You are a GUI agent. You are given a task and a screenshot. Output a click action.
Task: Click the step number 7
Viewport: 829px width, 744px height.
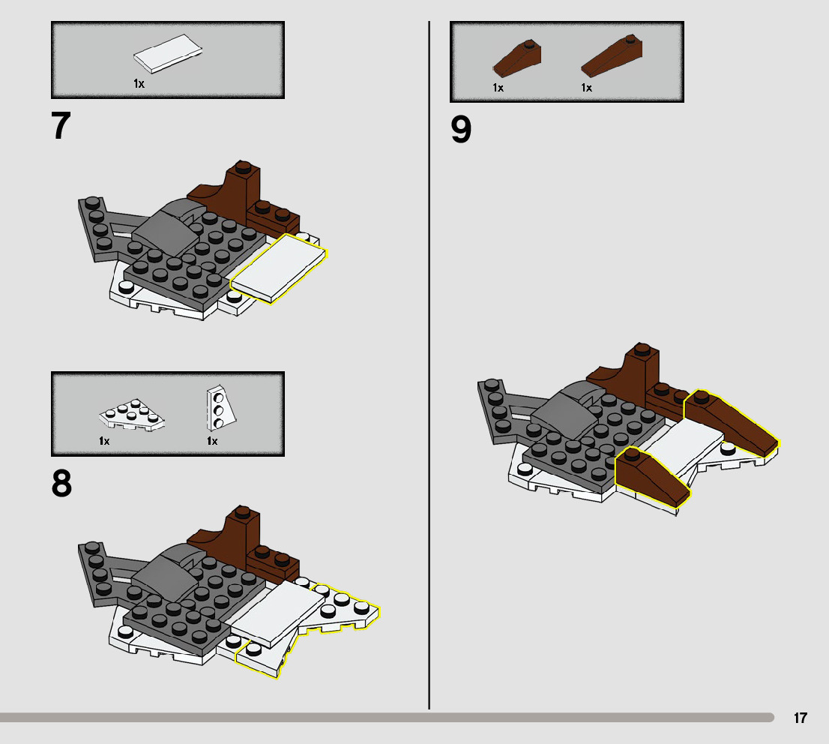[x=61, y=127]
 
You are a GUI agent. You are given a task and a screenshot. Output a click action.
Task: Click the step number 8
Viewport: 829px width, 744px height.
[x=61, y=484]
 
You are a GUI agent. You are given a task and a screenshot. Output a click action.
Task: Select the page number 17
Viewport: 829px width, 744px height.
[x=801, y=718]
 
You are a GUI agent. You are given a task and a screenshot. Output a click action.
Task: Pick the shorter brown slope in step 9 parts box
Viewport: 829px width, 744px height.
[x=517, y=58]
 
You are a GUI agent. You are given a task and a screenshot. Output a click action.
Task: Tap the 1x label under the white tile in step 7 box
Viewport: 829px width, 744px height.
[x=139, y=84]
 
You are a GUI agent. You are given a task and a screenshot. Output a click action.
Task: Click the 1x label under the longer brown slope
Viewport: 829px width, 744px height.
[x=586, y=88]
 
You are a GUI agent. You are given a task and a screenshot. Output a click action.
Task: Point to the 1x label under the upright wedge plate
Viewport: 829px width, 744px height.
[x=212, y=441]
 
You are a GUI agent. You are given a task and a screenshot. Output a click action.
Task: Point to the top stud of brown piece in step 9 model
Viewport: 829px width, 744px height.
[x=641, y=348]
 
